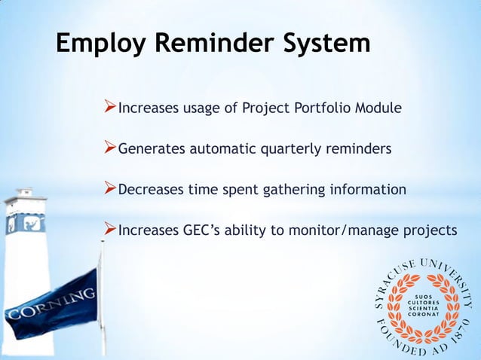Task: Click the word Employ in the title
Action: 101,44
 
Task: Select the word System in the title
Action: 325,44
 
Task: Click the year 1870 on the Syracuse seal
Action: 458,336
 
